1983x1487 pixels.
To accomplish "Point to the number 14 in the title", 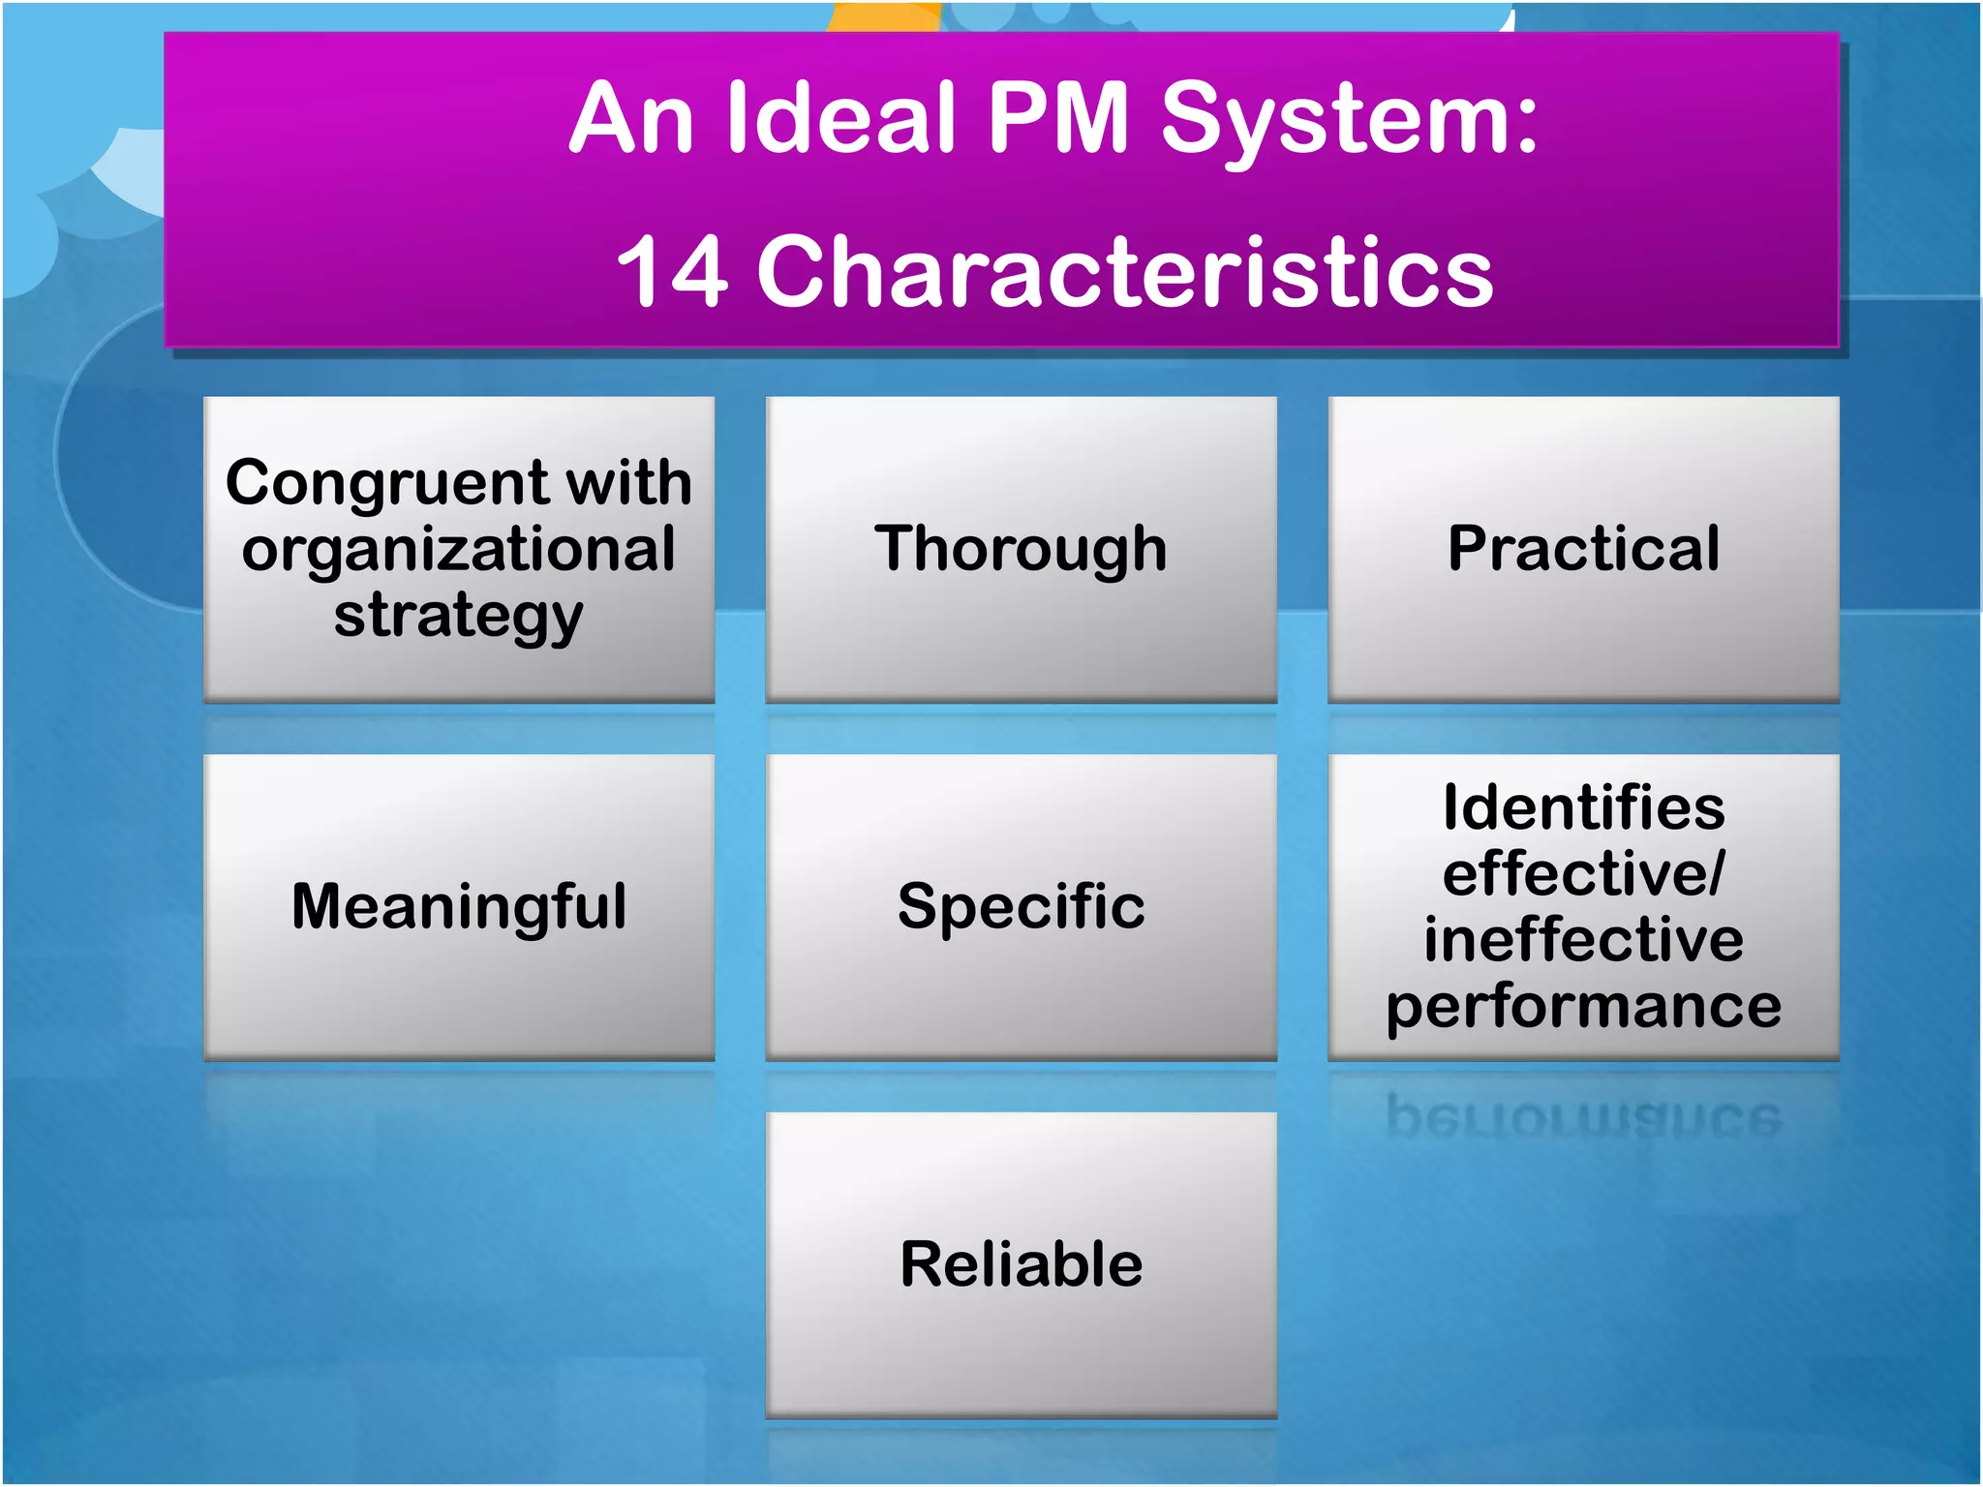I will point(671,272).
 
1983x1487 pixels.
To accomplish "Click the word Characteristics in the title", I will point(1125,272).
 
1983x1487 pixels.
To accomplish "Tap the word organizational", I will point(459,550).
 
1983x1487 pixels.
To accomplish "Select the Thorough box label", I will point(1021,550).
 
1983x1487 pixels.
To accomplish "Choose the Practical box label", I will point(1583,548).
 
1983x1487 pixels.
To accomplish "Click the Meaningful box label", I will point(459,907).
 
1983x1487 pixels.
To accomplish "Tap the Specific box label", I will point(1021,907).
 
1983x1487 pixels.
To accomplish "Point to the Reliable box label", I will point(1021,1264).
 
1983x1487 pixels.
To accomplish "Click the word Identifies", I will point(1583,807).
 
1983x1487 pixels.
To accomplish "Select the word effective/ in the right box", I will point(1583,873).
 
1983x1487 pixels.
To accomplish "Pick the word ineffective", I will point(1583,939).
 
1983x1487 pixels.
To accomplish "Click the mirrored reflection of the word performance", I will point(1583,1117).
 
